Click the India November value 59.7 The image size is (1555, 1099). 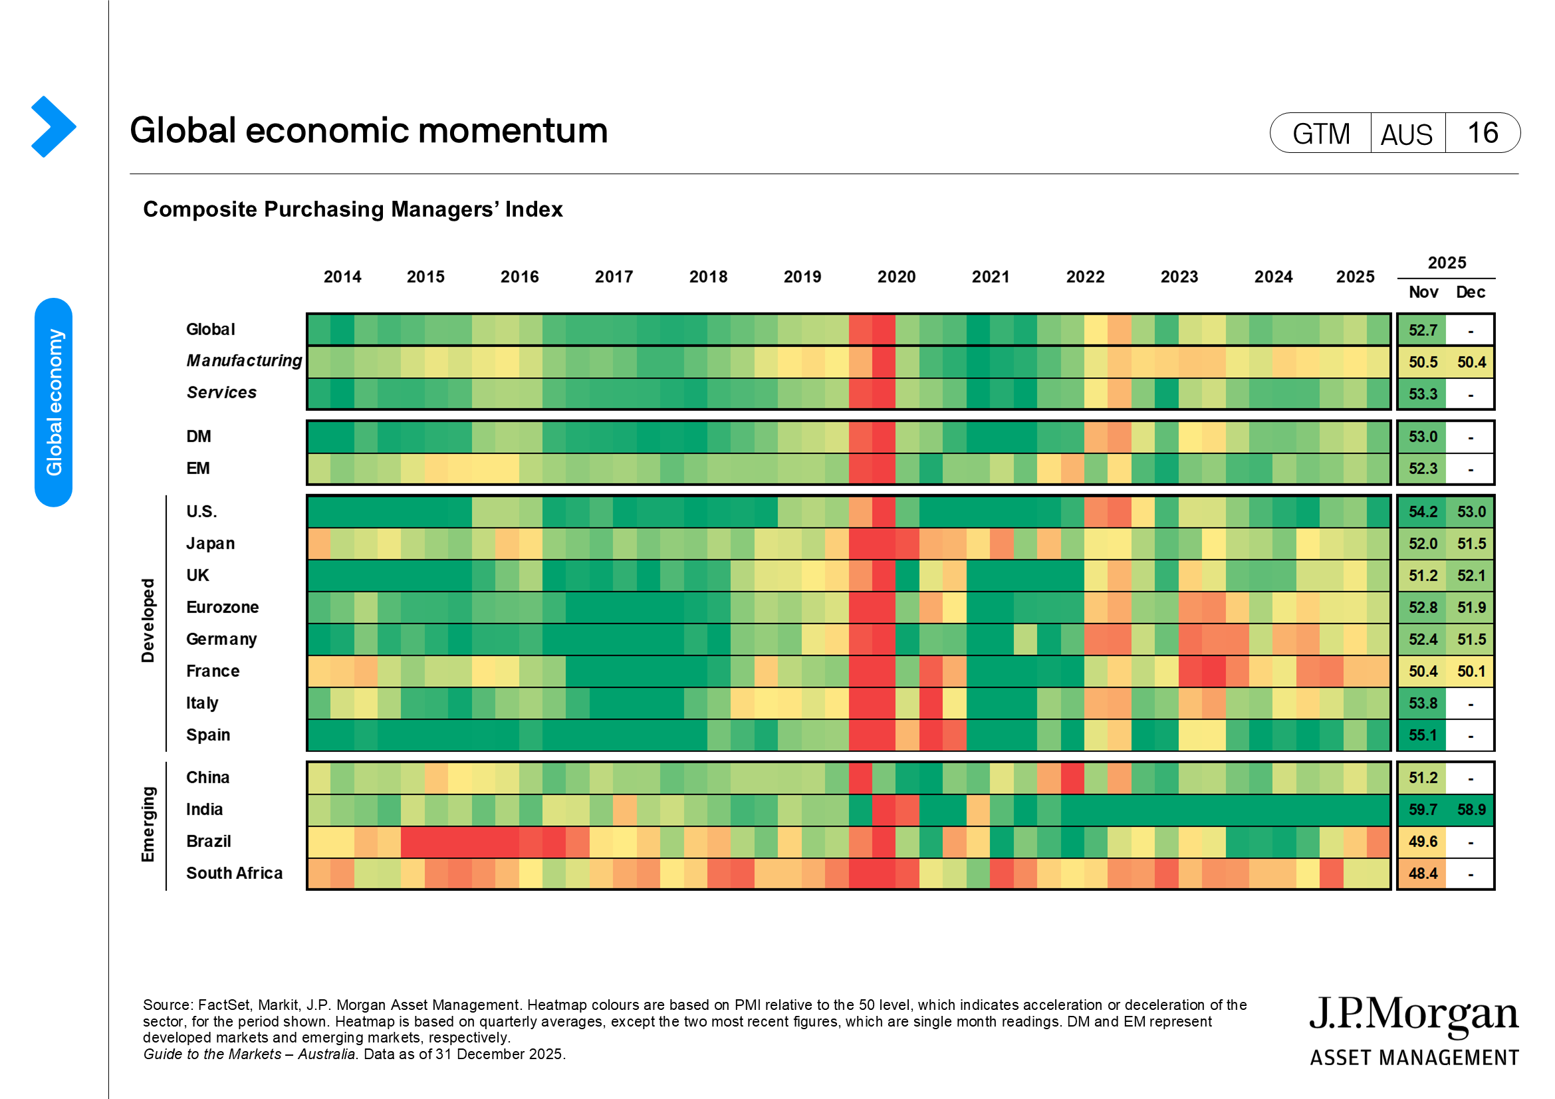point(1422,809)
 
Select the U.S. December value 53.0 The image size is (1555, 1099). point(1471,512)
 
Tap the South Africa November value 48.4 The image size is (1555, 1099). point(1422,874)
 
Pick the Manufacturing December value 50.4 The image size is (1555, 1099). point(1471,362)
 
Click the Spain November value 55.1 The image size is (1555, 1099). point(1422,735)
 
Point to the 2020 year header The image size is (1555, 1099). point(896,277)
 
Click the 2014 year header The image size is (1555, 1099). point(342,277)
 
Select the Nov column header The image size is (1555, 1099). point(1423,292)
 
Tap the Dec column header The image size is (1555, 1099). point(1471,292)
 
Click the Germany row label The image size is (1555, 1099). point(221,639)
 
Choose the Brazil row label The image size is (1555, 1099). point(209,841)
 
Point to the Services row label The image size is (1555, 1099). point(221,393)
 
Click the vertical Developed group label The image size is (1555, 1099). point(148,620)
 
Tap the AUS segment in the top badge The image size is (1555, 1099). point(1407,134)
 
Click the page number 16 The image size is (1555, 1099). point(1482,133)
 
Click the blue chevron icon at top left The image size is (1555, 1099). point(53,126)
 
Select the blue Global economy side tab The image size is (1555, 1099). point(53,402)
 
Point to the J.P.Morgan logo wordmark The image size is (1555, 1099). point(1413,1016)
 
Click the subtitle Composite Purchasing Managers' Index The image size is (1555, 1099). point(353,209)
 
